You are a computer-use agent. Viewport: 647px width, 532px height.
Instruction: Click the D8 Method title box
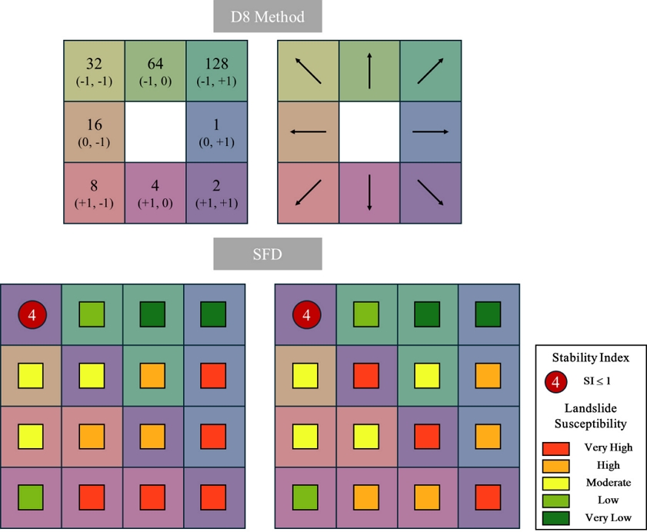coord(268,16)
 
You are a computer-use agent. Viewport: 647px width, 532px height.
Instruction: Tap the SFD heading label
coord(268,254)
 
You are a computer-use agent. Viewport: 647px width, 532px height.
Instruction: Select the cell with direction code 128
coord(217,71)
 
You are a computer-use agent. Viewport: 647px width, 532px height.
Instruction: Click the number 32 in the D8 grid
coord(94,64)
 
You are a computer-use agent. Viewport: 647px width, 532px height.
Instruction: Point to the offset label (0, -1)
coord(94,142)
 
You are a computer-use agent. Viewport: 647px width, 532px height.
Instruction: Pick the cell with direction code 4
coord(155,193)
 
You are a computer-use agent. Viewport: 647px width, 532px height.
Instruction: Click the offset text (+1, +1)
coord(217,203)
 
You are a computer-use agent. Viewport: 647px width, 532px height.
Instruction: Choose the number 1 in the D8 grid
coord(216,125)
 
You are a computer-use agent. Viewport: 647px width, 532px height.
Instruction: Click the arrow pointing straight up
coord(369,71)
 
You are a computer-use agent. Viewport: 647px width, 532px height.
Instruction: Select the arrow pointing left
coord(308,132)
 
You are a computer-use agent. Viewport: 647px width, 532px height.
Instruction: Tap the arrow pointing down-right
coord(430,193)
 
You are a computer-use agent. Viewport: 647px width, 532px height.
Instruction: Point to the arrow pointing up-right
coord(430,71)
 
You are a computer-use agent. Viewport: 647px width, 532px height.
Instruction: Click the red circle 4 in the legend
coord(555,382)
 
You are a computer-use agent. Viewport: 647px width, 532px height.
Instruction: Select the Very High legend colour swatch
coord(555,448)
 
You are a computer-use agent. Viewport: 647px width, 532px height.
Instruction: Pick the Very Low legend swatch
coord(555,518)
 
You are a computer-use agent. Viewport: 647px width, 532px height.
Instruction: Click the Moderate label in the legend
coord(609,483)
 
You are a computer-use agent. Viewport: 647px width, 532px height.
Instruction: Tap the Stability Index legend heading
coord(591,357)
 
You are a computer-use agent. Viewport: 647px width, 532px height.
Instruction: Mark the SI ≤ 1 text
coord(597,381)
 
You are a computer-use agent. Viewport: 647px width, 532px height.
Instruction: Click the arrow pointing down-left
coord(308,193)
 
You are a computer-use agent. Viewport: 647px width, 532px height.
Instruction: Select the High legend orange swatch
coord(555,466)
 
